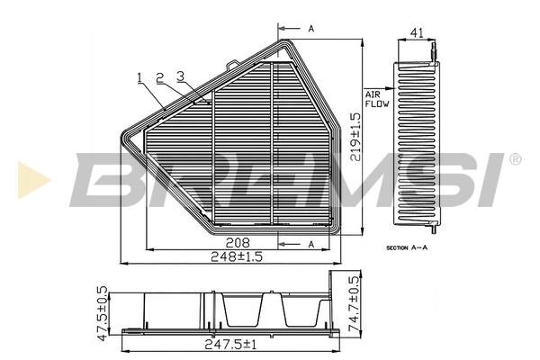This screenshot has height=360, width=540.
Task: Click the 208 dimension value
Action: [x=238, y=243]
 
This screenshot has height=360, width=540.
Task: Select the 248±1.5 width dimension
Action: [x=238, y=256]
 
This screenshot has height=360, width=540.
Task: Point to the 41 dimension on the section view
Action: [x=417, y=33]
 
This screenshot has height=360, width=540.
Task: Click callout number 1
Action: [x=140, y=77]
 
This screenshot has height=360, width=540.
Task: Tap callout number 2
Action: [x=159, y=77]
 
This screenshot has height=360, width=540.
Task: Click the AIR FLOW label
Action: [x=375, y=99]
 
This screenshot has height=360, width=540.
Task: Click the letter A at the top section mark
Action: [x=310, y=30]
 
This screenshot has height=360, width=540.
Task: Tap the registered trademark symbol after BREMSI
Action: [x=515, y=159]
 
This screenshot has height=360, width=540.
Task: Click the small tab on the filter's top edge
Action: [x=233, y=64]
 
